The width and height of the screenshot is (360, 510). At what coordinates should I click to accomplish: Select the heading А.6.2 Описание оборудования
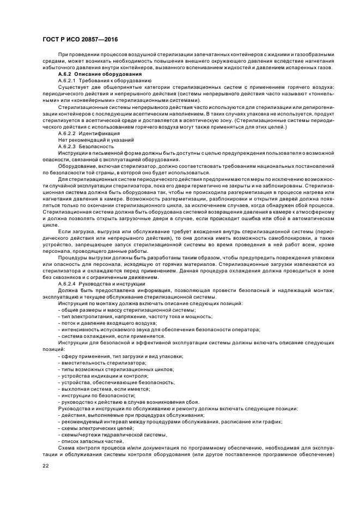91,74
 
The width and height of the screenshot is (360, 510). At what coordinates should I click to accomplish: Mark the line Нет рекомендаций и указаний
90,139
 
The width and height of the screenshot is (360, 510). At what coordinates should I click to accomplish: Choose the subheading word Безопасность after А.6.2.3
96,146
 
